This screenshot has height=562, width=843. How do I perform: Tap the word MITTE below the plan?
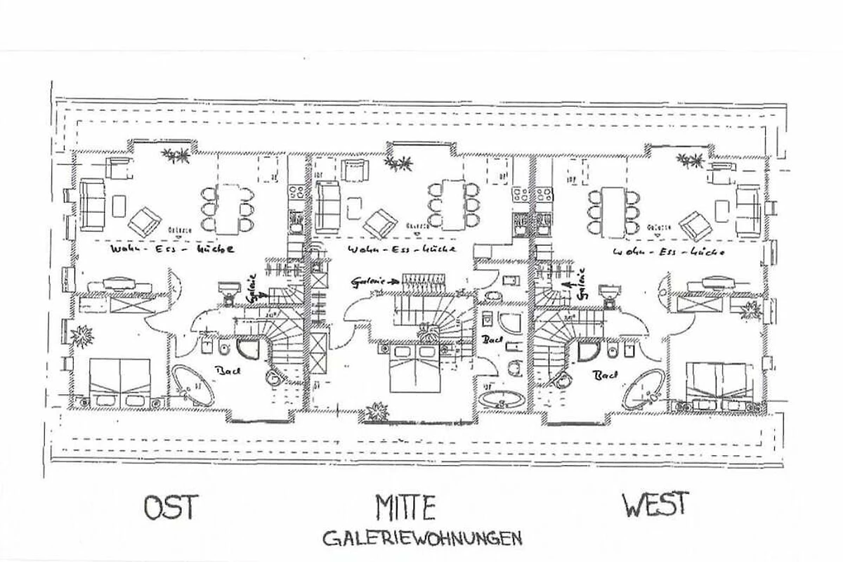click(x=405, y=507)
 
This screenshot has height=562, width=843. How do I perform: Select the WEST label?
click(x=655, y=504)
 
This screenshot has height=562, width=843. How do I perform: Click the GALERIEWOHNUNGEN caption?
click(x=421, y=539)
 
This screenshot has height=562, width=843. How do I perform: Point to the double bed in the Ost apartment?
click(x=120, y=380)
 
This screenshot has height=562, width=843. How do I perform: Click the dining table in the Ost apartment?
click(x=228, y=207)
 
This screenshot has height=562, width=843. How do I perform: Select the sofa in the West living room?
click(x=747, y=207)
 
